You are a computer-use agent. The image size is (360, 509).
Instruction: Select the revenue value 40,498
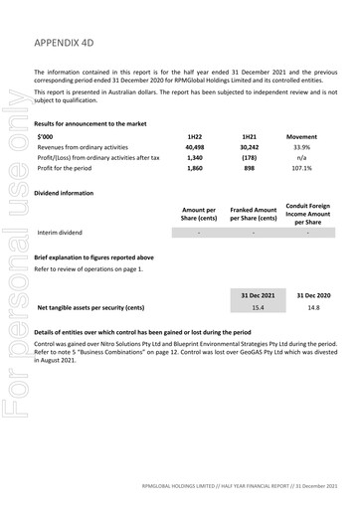194,146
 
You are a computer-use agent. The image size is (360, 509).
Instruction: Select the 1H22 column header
194,134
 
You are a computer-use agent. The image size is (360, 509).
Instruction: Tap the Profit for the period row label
71,169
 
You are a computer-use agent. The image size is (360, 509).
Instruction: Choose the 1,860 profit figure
194,169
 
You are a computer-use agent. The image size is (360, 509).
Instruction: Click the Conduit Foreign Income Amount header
307,213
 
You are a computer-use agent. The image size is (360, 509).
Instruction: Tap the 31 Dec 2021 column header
258,295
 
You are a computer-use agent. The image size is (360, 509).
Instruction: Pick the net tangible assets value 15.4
258,309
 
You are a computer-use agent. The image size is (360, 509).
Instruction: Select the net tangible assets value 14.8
313,309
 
